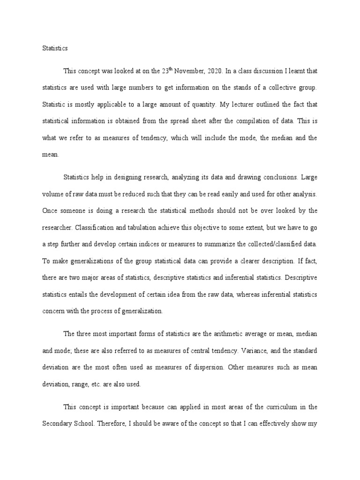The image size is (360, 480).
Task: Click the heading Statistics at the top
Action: pos(55,48)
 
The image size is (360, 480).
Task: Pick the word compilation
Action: pos(267,120)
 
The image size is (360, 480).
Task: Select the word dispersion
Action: pos(195,367)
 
